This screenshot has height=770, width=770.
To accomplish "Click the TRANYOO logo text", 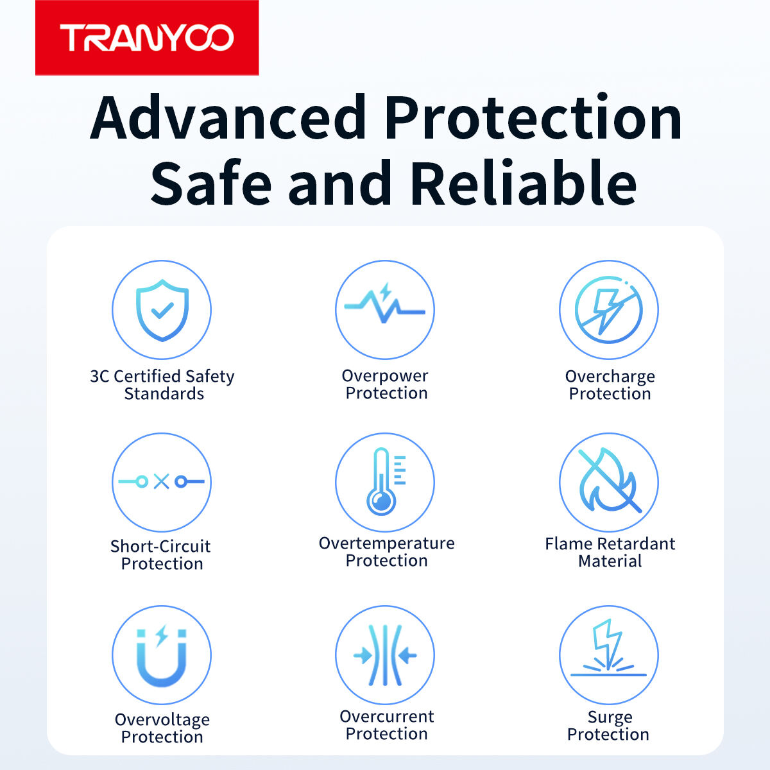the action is (147, 38).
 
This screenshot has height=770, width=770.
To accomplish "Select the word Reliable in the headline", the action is (523, 182).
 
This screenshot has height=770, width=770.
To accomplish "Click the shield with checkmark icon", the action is (162, 310).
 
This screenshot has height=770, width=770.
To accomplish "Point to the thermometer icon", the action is (386, 481).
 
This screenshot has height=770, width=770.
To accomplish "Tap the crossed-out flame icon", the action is (609, 481).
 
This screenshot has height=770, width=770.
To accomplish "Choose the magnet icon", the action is (162, 656).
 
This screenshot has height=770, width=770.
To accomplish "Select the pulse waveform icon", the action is (385, 304).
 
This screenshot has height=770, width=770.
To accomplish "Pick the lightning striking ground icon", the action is (608, 649).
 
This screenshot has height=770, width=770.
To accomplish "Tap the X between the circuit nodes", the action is (162, 481).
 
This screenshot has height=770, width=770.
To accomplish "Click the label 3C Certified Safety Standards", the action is (162, 385).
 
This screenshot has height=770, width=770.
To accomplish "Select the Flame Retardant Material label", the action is (610, 552).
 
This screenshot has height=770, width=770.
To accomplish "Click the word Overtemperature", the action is (386, 543).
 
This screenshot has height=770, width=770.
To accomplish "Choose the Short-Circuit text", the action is (160, 546).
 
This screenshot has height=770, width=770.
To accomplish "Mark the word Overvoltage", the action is (162, 720).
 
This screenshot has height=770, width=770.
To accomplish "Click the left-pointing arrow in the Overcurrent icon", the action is (407, 656).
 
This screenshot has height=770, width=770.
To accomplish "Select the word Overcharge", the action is (610, 377).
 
